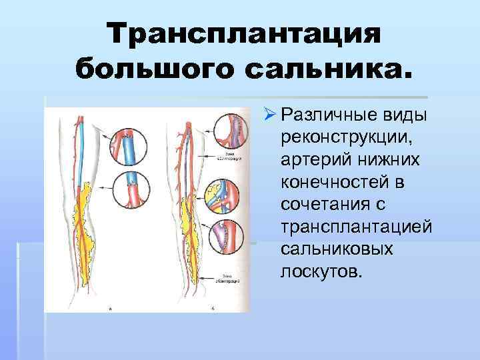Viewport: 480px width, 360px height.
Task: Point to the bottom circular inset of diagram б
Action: pyautogui.click(x=227, y=237)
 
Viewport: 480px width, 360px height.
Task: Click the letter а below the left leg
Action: pyautogui.click(x=111, y=309)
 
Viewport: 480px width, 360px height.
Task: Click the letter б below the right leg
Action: pyautogui.click(x=212, y=308)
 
